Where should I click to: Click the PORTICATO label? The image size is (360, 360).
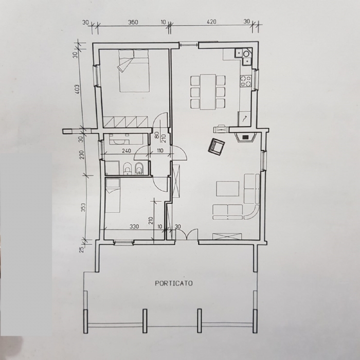point(174,283)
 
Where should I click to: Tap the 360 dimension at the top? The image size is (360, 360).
point(133,22)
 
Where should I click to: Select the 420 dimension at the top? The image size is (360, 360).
point(211,22)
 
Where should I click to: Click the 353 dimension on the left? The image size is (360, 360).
point(83,207)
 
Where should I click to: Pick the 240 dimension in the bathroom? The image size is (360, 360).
point(127,151)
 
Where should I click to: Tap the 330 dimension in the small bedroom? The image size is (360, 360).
point(134,227)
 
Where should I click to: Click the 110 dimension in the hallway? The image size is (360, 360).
point(160,151)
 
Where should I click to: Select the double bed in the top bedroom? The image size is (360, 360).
point(134,71)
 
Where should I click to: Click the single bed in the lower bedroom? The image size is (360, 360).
point(113,195)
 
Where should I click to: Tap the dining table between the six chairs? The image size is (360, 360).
point(208,92)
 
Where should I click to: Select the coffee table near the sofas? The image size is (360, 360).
point(228,189)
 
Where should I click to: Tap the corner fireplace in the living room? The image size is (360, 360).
point(245,137)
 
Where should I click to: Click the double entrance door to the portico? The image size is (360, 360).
point(186,235)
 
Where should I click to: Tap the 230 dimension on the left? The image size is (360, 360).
point(83,155)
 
